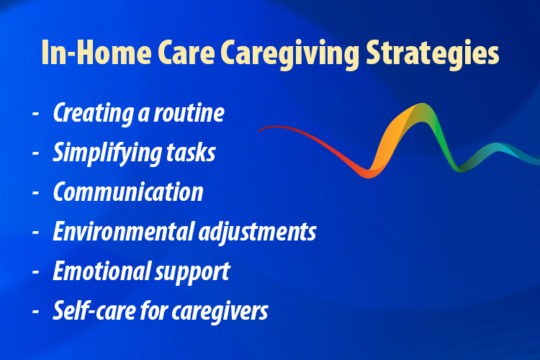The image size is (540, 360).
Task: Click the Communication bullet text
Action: [x=127, y=193]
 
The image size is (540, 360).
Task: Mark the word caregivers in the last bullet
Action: [x=221, y=311]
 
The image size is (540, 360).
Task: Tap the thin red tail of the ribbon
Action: [x=288, y=130]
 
